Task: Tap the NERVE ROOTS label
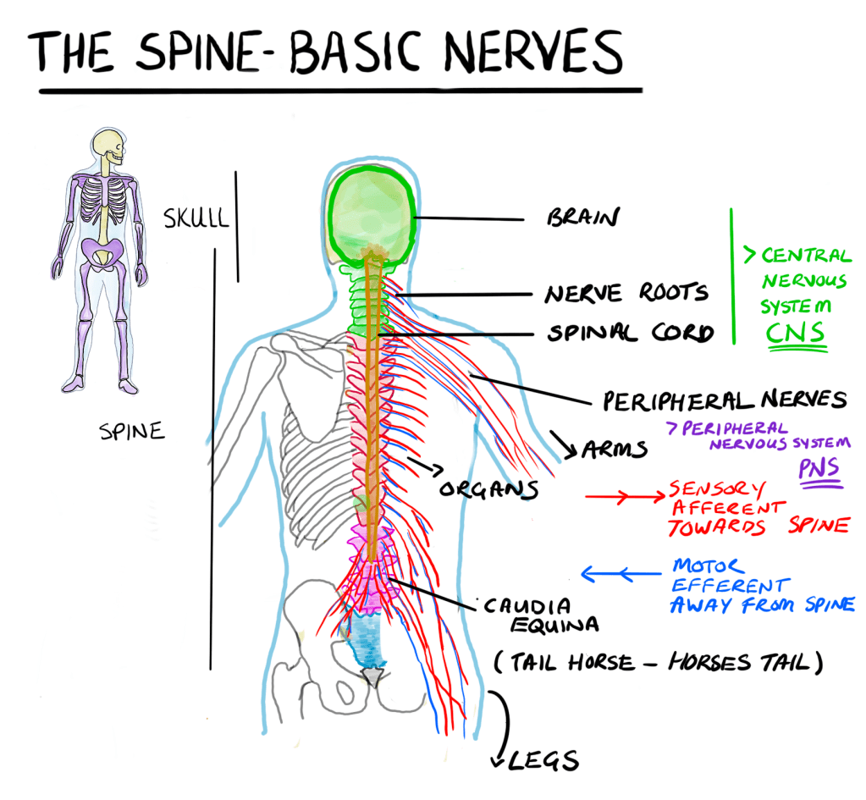point(626,293)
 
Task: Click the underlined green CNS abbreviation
point(796,333)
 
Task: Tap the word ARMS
point(615,448)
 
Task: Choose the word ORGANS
point(488,489)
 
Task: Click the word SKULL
point(196,218)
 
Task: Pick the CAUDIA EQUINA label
point(529,615)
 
